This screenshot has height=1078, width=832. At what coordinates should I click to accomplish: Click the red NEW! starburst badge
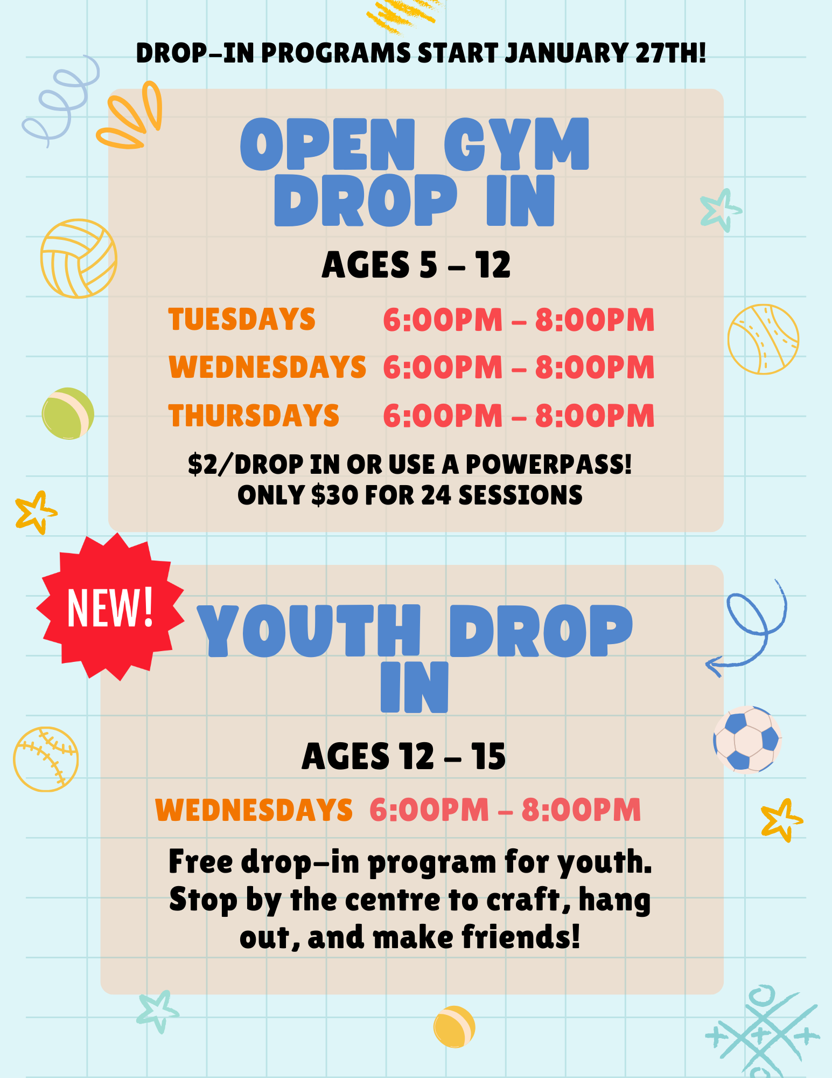pos(110,606)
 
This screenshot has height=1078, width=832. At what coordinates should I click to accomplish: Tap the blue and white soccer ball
pos(747,739)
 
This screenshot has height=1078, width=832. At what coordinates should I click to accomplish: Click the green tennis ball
pos(68,413)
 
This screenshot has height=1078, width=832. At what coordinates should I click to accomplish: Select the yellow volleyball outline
pos(79,258)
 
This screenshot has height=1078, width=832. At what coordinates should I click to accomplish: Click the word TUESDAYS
pos(242,319)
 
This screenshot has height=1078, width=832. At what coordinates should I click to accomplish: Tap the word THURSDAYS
pos(254,416)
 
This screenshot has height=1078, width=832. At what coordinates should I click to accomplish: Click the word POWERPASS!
pos(548,464)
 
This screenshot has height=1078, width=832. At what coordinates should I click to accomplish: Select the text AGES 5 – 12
pos(416,265)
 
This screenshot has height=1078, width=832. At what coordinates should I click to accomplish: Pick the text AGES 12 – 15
pos(404,756)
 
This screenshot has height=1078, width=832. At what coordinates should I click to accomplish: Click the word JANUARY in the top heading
pos(566,53)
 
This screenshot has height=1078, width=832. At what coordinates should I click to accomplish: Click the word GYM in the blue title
pos(516,144)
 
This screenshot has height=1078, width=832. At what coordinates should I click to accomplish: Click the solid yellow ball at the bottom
pos(454,1027)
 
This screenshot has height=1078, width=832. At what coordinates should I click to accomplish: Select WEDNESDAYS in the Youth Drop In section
pos(254,810)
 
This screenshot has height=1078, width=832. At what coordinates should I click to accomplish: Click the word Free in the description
pos(200,861)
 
